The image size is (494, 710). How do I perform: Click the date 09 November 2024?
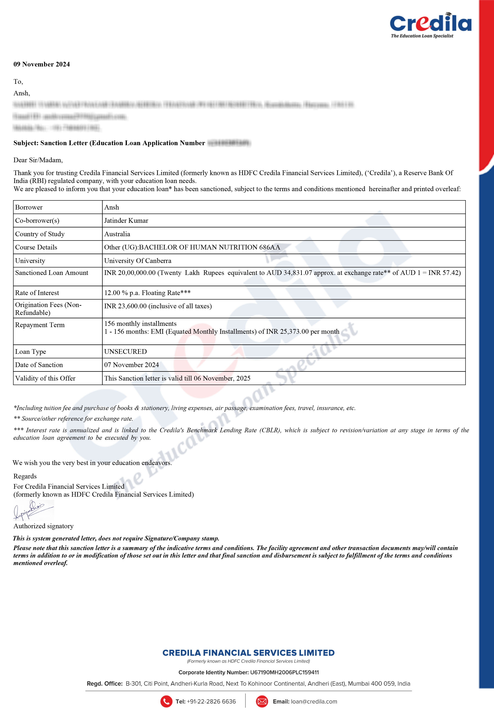tap(41, 64)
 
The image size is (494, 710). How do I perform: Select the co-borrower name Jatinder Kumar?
tap(126, 220)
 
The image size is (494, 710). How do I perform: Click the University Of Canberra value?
tap(138, 261)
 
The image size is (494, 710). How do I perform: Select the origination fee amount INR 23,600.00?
tap(125, 306)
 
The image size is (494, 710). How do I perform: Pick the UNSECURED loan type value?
tap(125, 352)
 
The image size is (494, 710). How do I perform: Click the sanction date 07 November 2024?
tap(131, 365)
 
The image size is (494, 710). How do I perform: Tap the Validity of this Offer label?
tap(45, 378)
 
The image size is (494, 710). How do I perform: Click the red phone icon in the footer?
tap(166, 701)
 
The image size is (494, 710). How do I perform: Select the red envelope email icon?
tap(262, 701)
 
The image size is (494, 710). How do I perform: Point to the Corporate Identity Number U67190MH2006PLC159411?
tap(284, 672)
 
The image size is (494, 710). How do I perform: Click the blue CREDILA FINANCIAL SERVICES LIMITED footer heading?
tap(248, 653)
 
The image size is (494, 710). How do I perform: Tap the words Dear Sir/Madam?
tap(38, 160)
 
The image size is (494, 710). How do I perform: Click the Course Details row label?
tap(36, 247)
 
